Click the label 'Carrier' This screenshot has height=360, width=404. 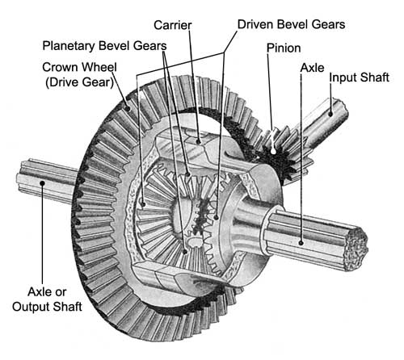[x=173, y=25]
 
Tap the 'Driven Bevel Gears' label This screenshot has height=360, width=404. [x=291, y=24]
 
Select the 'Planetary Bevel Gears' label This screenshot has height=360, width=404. [x=104, y=46]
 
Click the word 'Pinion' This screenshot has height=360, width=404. [x=284, y=48]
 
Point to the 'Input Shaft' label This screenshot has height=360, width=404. [x=360, y=77]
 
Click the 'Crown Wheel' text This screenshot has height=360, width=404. [x=79, y=67]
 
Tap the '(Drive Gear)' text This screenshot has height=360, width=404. [x=79, y=82]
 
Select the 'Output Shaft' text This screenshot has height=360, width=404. [x=47, y=307]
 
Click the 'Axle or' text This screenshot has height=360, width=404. [x=47, y=291]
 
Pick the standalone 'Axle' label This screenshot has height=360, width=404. [x=312, y=68]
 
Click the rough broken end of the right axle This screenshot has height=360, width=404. [x=356, y=249]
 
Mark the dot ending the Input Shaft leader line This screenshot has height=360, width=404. [x=330, y=114]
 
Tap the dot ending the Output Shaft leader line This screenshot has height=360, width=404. [x=42, y=183]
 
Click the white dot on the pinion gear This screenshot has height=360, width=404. [x=274, y=152]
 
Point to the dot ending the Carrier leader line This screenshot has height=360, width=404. [x=199, y=141]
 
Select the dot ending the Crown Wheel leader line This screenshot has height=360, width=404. [x=128, y=109]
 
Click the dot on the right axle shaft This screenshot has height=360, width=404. [x=301, y=243]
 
